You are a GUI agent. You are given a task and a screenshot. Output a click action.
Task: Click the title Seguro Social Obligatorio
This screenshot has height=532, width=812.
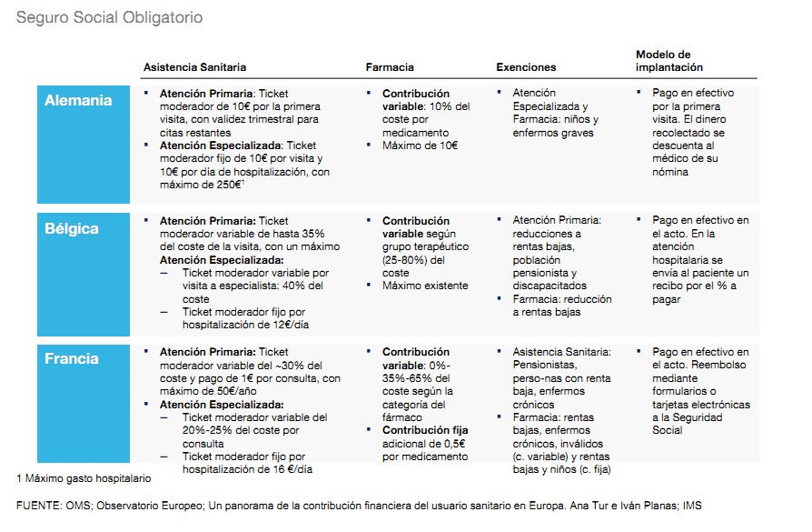pos(109,18)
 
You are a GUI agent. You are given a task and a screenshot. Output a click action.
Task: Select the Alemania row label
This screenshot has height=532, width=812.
pos(78,100)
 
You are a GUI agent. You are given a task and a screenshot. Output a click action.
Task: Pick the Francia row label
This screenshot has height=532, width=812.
pos(72,358)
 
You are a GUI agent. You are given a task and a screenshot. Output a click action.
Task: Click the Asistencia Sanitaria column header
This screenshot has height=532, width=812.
pos(194,67)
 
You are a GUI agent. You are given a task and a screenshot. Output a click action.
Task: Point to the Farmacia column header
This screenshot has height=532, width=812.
pos(390,67)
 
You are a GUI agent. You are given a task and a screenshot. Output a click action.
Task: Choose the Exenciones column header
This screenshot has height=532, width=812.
pos(526,67)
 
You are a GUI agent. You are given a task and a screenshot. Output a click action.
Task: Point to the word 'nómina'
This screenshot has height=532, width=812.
pos(671,172)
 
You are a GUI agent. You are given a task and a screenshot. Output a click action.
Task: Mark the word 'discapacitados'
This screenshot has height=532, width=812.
pos(549,286)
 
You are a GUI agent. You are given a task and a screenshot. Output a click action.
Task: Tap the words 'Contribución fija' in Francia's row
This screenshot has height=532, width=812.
pos(425,430)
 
